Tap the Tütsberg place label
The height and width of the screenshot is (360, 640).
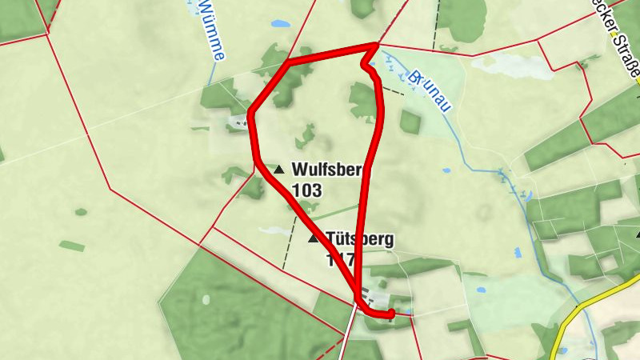click(360, 238)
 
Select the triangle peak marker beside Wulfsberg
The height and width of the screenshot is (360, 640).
click(278, 170)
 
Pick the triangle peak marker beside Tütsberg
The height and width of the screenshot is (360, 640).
click(313, 238)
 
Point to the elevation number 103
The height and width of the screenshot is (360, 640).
click(306, 190)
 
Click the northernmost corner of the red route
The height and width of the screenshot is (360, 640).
click(374, 46)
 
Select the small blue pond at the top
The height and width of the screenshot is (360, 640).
click(281, 24)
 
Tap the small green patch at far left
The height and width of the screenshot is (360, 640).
click(71, 246)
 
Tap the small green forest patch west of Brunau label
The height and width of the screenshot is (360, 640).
click(410, 122)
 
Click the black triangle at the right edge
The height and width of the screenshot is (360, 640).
click(638, 234)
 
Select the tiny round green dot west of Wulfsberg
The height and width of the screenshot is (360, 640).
click(81, 212)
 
